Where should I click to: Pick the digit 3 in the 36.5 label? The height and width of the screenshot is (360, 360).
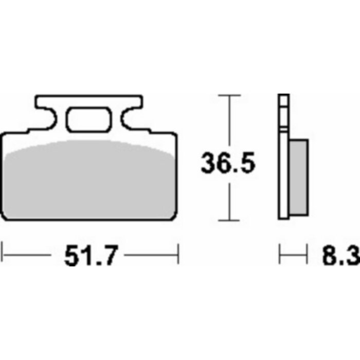point(209,164)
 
